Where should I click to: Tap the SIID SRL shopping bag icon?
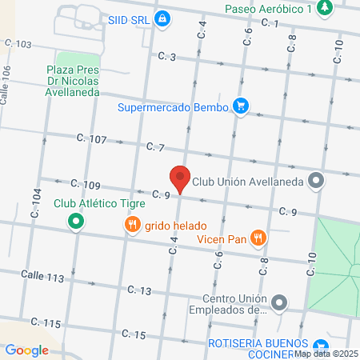click(x=162, y=17)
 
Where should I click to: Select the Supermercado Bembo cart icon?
click(x=239, y=106)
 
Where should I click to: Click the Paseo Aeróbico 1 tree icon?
click(x=324, y=9)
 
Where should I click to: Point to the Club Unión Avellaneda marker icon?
click(x=317, y=181)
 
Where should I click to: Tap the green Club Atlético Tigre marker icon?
click(x=76, y=221)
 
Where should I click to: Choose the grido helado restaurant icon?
click(x=132, y=226)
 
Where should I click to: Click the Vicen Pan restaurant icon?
click(x=258, y=237)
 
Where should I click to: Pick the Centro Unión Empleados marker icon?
click(x=278, y=302)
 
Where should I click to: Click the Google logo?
click(x=26, y=350)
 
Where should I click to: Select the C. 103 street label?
click(x=18, y=44)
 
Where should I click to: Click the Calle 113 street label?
click(x=42, y=276)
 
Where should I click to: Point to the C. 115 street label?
click(x=46, y=322)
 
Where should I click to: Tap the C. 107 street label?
click(x=92, y=139)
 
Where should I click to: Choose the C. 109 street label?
click(x=86, y=185)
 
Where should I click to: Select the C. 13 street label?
click(x=138, y=290)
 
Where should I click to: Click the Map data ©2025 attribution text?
click(x=326, y=354)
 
